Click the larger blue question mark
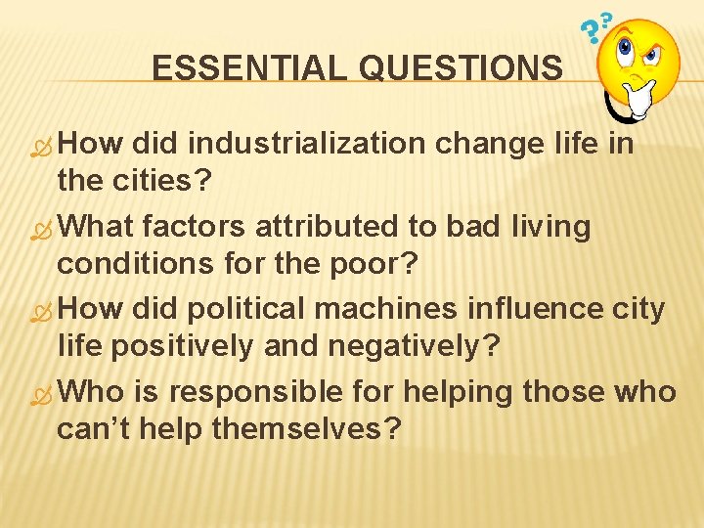pos(591,35)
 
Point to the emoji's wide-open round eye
pos(627,46)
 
